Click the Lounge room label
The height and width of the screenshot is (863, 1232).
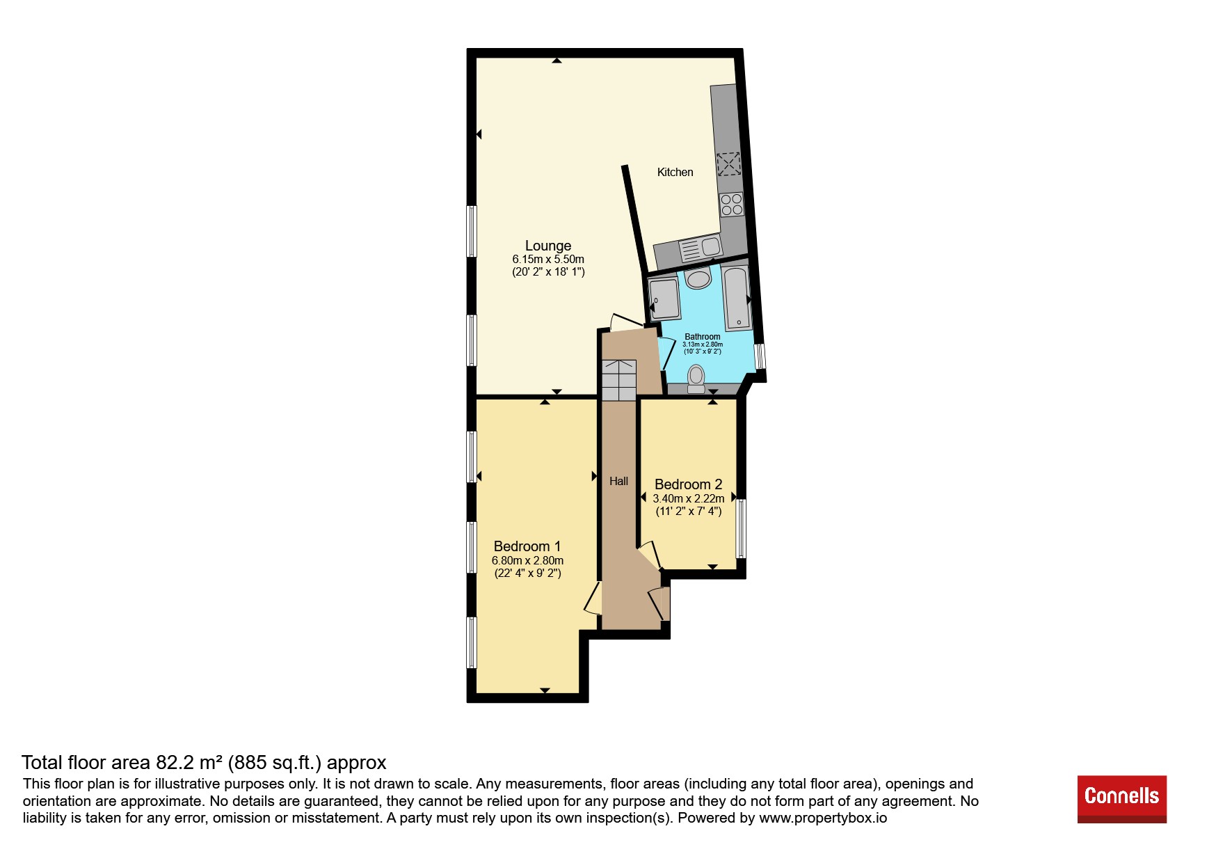[x=548, y=246]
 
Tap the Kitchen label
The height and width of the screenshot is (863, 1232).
[x=675, y=173]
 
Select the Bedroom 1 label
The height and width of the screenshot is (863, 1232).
[x=527, y=546]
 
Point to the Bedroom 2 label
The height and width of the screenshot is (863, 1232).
[x=688, y=484]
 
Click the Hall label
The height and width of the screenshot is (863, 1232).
[x=618, y=481]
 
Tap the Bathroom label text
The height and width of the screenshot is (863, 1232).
[x=703, y=337]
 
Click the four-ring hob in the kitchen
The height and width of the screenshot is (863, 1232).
[x=731, y=205]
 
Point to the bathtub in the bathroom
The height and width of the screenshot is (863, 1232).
[x=736, y=298]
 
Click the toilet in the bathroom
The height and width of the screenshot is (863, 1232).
[x=696, y=379]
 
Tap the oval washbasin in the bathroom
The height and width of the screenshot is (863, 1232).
[x=698, y=279]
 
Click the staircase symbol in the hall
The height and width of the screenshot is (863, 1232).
[x=619, y=380]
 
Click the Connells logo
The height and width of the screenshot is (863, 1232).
[x=1121, y=799]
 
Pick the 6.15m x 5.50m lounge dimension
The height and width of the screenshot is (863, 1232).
[x=548, y=259]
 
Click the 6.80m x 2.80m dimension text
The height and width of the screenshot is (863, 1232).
[x=527, y=560]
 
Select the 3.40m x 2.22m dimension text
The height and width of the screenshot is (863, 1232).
[x=688, y=498]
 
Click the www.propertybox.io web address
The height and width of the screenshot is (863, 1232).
[x=823, y=818]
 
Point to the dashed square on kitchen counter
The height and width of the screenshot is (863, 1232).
[x=728, y=164]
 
